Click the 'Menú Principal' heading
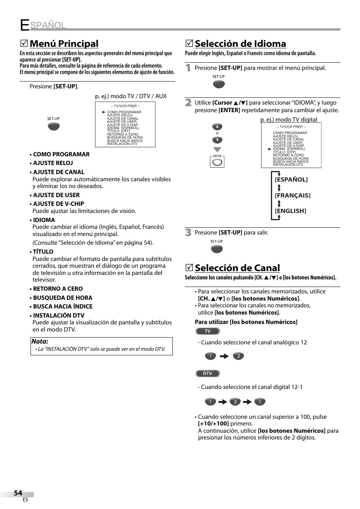coord(64,44)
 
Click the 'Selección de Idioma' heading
coord(240,44)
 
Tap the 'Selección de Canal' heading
coord(237,268)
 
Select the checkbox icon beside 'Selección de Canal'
coord(189,268)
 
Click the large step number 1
coord(188,68)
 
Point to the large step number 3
coord(188,233)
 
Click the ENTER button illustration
coord(217,162)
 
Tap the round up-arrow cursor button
coord(217,127)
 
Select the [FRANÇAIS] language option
coord(292,195)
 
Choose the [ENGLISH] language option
coord(290,211)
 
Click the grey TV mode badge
coord(208,331)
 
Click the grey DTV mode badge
coord(208,373)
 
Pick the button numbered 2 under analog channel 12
coord(238,356)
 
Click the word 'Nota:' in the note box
coord(40,341)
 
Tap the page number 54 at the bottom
coord(18,493)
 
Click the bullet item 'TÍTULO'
coord(43,252)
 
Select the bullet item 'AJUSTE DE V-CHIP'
coord(58,204)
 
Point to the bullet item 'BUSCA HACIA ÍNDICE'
coord(63,307)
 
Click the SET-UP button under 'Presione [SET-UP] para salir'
coord(217,249)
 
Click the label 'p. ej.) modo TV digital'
coord(289,120)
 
